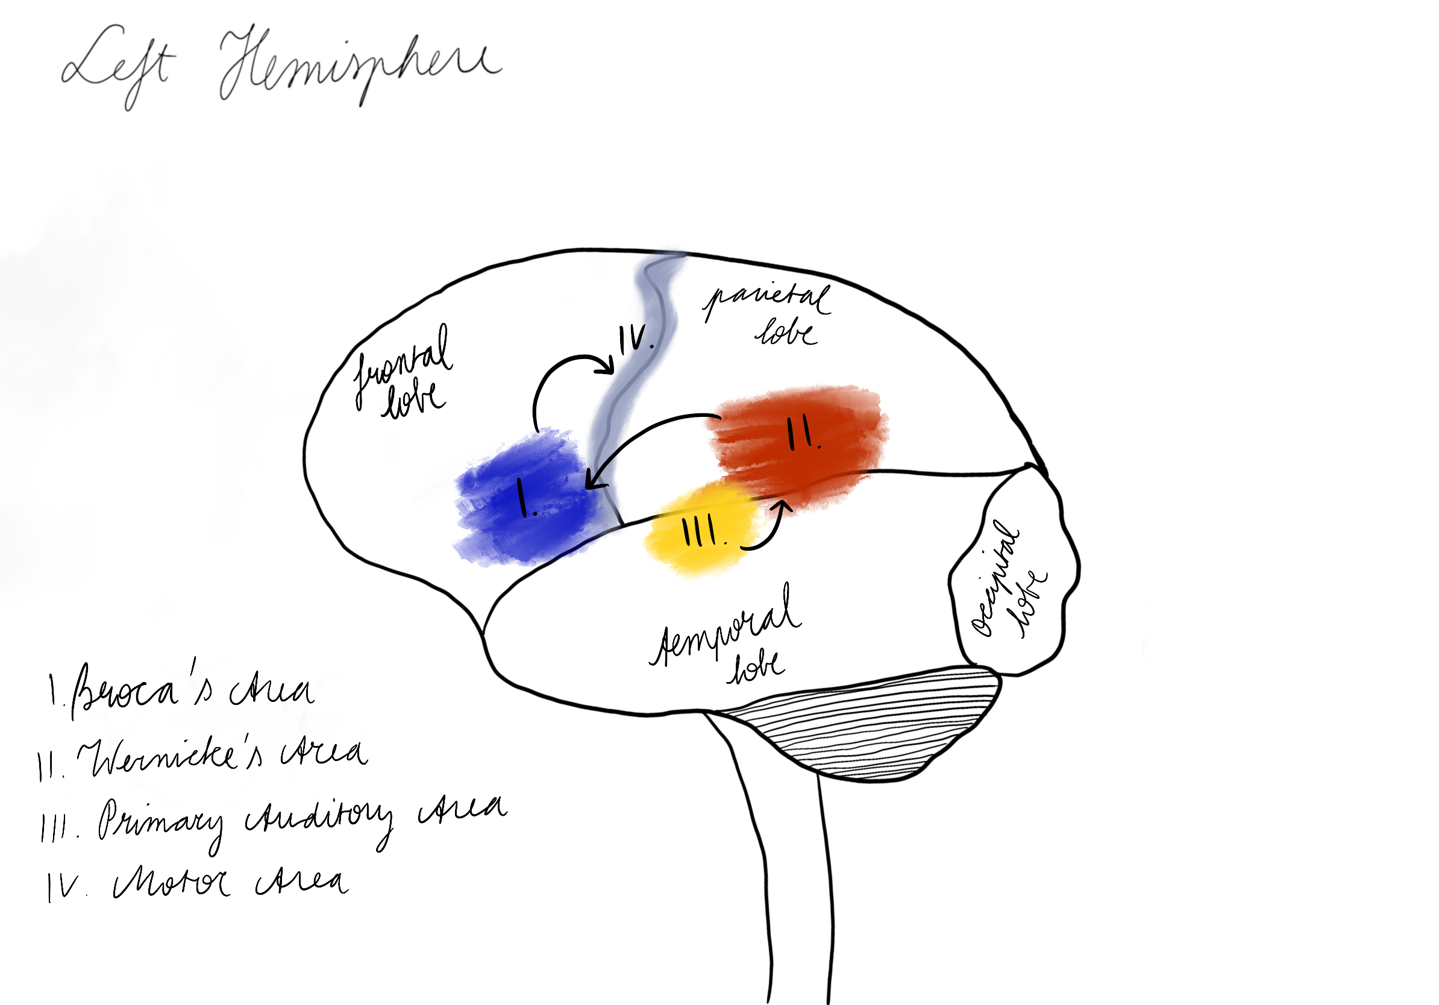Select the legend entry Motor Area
[x=198, y=883]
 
